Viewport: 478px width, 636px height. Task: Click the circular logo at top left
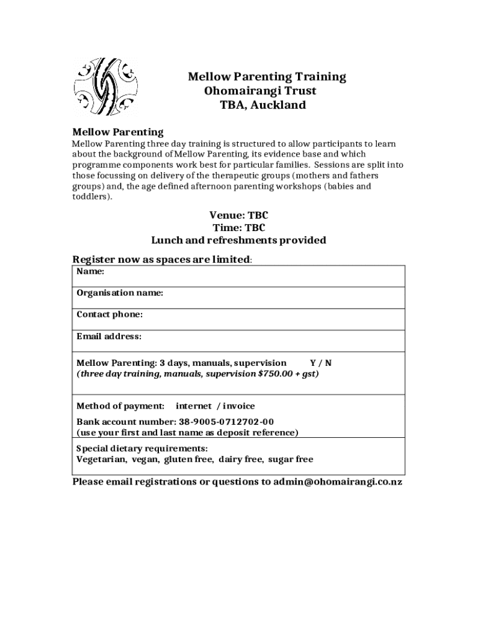pos(105,88)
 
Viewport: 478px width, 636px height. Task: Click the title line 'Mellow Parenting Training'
pos(267,76)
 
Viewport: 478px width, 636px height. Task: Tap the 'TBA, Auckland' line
pos(263,105)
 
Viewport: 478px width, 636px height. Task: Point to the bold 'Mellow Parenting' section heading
pos(118,132)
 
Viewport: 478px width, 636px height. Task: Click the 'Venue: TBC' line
pos(238,216)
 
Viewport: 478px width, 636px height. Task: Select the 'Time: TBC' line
pos(238,228)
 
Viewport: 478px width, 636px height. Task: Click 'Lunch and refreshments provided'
pos(238,240)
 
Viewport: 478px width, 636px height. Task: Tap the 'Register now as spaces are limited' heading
pos(162,259)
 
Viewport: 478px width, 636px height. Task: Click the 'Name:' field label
pos(90,271)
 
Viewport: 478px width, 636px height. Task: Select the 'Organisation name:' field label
pos(120,293)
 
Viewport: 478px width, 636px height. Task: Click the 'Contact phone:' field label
pos(109,314)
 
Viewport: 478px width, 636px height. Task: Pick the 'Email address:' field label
pos(109,337)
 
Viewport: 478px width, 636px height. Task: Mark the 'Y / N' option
pos(320,363)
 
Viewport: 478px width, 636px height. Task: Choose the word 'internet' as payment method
pos(194,406)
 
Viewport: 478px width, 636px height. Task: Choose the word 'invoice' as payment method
pos(239,406)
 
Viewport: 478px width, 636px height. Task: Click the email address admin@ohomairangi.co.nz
pos(338,482)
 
